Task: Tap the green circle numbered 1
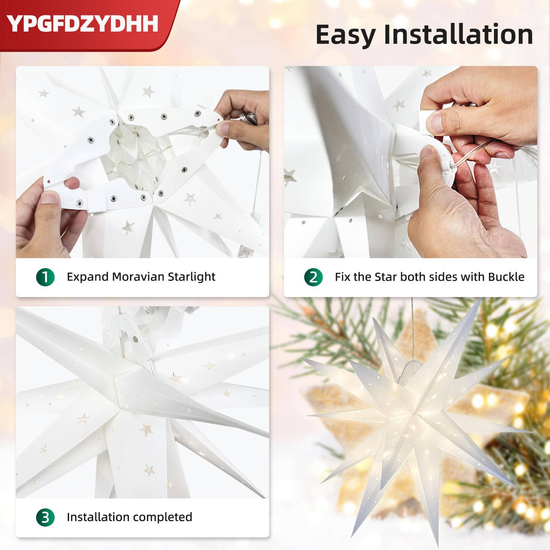45,277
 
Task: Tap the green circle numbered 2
313,277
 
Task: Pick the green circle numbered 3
45,517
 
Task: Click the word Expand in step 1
88,277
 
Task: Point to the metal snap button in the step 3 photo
135,340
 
